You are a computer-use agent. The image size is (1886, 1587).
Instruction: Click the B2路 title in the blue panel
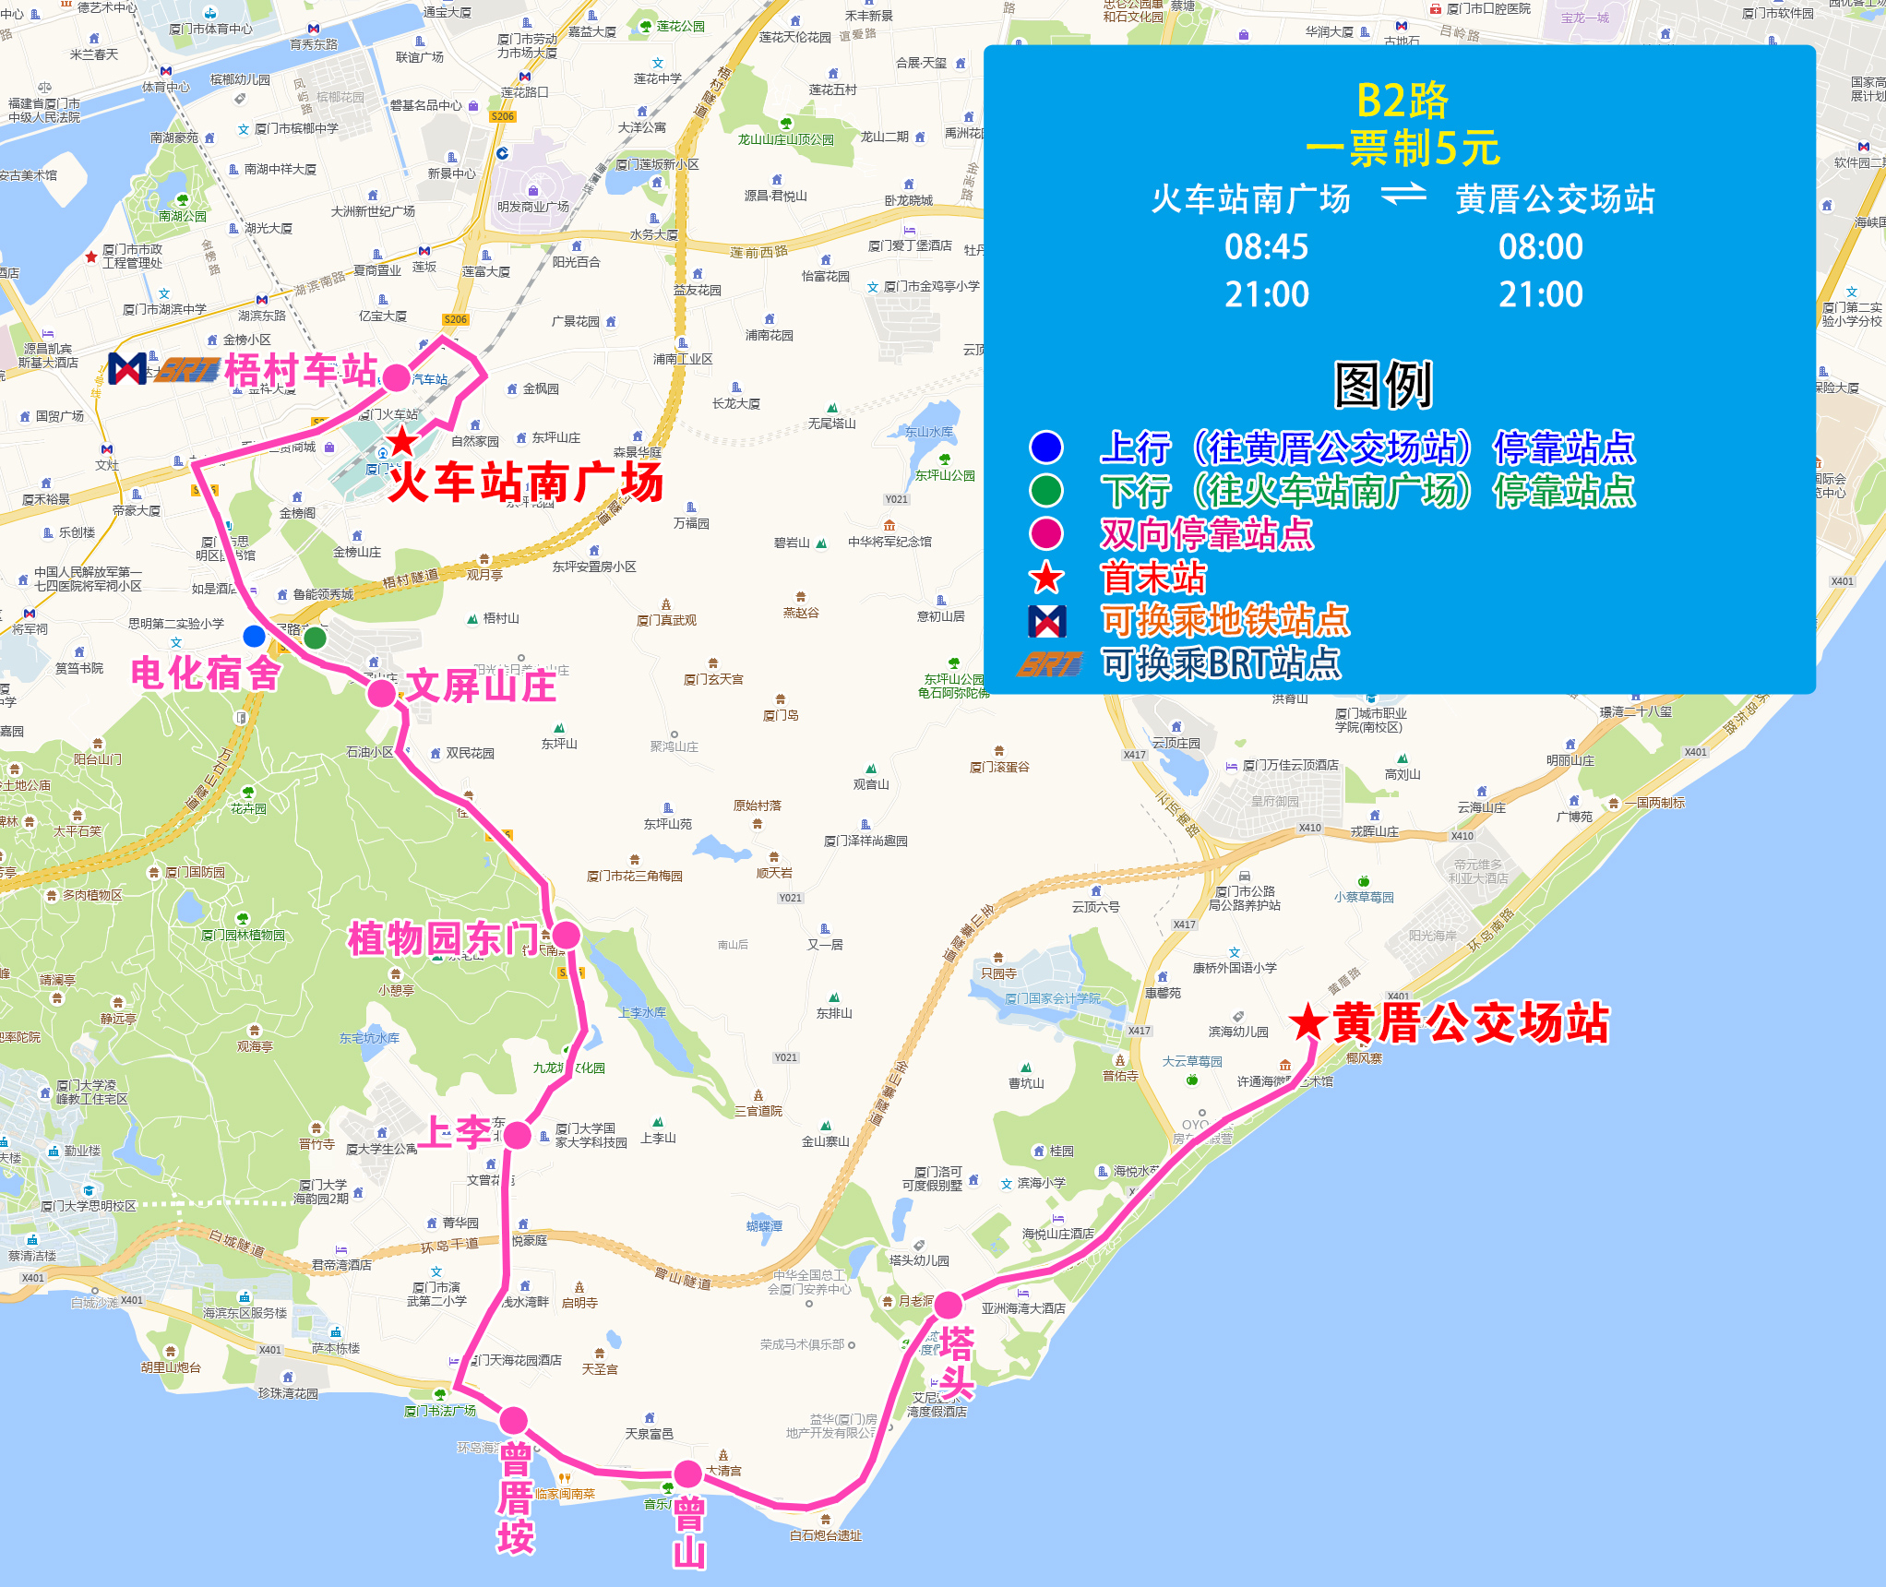(x=1402, y=101)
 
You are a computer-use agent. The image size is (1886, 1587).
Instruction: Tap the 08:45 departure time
(x=1266, y=247)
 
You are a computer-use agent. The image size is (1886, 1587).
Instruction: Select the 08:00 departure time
(x=1540, y=247)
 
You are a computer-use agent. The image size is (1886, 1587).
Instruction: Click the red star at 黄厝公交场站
(x=1307, y=1022)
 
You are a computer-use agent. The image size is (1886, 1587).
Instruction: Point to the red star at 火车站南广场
(x=402, y=441)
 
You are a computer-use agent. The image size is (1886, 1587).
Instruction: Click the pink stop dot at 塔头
(x=948, y=1305)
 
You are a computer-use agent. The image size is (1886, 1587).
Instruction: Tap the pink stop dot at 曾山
(x=687, y=1474)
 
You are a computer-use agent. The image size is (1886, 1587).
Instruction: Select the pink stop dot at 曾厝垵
(x=514, y=1420)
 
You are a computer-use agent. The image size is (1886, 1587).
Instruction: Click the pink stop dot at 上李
(x=518, y=1135)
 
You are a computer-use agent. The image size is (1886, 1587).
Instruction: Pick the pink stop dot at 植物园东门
(x=566, y=935)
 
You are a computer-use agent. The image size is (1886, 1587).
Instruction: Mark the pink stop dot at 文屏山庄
(x=381, y=694)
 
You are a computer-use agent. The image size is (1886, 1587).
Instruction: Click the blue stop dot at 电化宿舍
(x=254, y=636)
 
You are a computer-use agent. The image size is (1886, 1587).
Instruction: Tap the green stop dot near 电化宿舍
(x=315, y=637)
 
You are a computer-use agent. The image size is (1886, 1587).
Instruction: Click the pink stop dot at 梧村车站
(x=396, y=377)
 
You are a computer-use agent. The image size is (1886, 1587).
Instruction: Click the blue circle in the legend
(x=1046, y=447)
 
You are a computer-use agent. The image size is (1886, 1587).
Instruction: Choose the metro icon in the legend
(x=1047, y=621)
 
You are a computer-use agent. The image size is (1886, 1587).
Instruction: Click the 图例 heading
(x=1382, y=385)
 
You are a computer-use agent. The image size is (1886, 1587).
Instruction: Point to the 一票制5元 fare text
(x=1402, y=149)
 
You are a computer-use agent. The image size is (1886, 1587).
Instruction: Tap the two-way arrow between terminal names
(x=1403, y=197)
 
